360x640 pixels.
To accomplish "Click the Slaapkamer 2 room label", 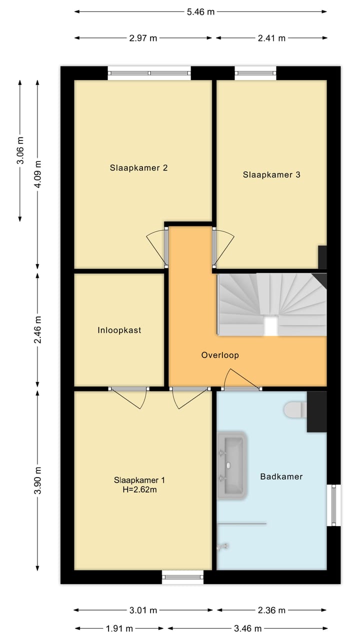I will (x=138, y=168).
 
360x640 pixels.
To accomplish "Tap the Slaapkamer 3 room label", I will (x=271, y=175).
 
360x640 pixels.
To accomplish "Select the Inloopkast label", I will (x=119, y=330).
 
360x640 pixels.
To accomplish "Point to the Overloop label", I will (x=220, y=355).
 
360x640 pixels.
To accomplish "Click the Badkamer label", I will (x=281, y=477).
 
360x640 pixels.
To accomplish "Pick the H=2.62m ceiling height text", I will (x=139, y=490).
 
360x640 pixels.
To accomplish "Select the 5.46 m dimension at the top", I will (x=200, y=12).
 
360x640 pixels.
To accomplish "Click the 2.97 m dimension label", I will (x=143, y=38).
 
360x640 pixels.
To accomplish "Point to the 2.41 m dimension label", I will (x=271, y=38).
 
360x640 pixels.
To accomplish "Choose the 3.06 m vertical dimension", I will (x=20, y=150).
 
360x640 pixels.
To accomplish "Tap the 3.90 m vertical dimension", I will (x=38, y=480).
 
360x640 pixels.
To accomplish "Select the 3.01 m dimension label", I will (x=143, y=610).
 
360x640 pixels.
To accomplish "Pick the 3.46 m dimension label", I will (x=248, y=628).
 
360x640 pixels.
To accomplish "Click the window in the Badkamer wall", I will (x=333, y=505).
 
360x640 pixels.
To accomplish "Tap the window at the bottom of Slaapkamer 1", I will (x=183, y=577).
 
